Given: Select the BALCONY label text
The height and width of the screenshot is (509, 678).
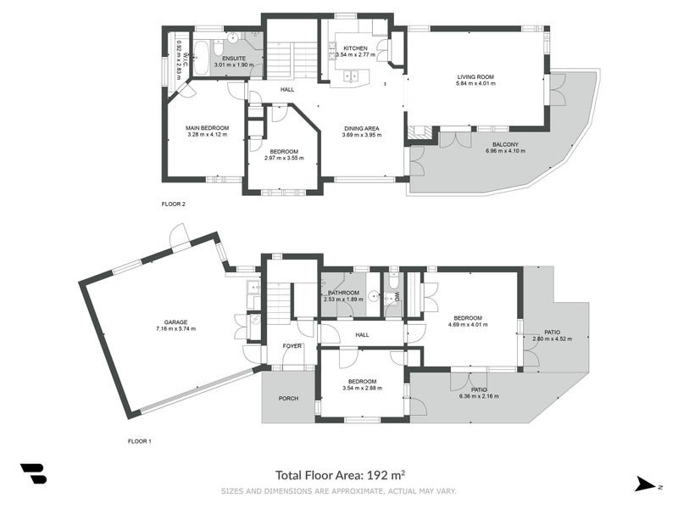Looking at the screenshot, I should (505, 144).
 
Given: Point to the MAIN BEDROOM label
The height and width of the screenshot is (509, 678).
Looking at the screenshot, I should (208, 127).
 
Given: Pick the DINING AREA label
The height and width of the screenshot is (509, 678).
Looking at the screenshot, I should (360, 127).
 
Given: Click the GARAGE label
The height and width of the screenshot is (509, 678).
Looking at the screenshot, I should (175, 322).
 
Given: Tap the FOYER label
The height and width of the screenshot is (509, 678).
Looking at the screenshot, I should (292, 345).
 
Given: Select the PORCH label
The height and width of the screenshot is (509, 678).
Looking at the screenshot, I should (288, 398).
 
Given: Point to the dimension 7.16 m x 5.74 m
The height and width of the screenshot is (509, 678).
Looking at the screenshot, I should (175, 328).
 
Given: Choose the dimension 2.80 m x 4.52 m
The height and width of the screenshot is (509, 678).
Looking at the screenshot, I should (552, 338).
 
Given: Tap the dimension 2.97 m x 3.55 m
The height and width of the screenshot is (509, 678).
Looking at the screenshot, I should (284, 158).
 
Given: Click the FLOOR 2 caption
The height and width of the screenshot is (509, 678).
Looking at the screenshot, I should (173, 204).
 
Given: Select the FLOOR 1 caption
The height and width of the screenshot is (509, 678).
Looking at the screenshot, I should (139, 442).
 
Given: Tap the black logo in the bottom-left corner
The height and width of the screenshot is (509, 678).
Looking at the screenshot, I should (33, 474).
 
